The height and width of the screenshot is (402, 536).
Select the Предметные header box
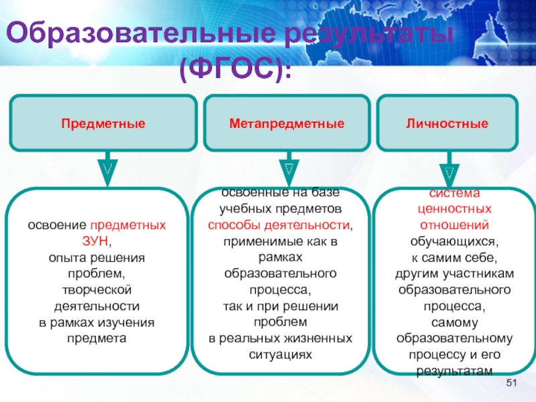coord(103,124)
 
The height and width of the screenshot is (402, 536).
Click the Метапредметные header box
coord(287,124)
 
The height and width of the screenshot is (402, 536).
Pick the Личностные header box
coord(447,124)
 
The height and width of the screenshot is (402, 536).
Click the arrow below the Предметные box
coord(107,171)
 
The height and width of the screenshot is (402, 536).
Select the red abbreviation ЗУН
coord(96,240)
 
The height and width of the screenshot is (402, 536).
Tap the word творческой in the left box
coord(97,289)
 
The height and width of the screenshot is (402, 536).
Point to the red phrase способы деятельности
coord(279,224)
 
